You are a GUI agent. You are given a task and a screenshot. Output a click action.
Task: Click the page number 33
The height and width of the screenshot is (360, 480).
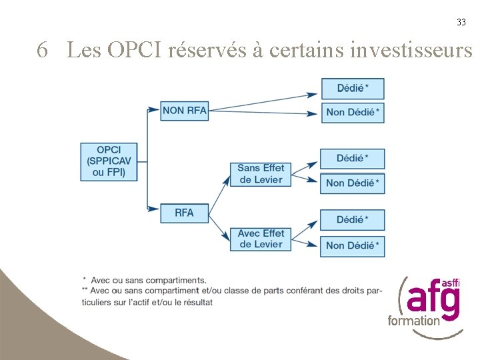[461, 22]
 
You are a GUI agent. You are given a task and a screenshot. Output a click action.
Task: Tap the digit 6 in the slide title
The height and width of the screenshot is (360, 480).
[43, 50]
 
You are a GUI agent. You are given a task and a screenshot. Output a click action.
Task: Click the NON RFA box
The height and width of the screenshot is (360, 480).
[185, 111]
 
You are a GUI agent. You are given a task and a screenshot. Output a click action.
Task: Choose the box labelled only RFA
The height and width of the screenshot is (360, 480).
[185, 213]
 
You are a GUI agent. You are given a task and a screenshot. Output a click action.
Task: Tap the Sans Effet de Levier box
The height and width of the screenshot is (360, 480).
[261, 174]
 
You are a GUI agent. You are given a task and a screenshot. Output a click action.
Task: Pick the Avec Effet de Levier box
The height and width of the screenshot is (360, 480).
[261, 239]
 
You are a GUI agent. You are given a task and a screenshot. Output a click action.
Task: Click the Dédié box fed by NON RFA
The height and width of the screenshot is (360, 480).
[353, 89]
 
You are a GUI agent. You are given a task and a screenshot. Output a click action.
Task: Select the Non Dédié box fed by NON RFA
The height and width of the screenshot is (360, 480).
[353, 112]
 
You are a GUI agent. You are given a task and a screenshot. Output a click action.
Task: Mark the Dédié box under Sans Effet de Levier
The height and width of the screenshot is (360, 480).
[352, 159]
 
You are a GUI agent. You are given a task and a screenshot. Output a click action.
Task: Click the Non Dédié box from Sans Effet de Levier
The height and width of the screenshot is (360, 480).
[352, 183]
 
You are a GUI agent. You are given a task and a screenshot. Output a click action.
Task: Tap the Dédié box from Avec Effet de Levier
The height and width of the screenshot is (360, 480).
[352, 220]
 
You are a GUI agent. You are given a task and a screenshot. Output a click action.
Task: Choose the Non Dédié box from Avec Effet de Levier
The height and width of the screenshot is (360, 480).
[352, 245]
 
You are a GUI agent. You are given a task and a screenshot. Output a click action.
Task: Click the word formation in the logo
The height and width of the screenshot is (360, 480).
[414, 320]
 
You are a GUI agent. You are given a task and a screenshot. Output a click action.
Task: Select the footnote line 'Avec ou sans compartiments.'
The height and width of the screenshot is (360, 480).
[148, 280]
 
